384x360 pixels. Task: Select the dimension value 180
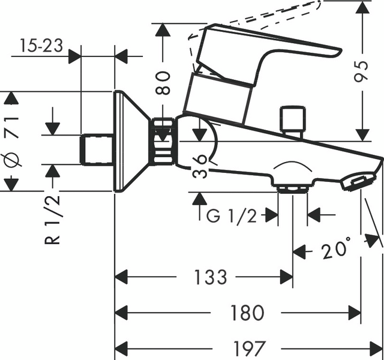[247, 312]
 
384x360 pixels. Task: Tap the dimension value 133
[211, 277]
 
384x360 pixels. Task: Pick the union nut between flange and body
[163, 142]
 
